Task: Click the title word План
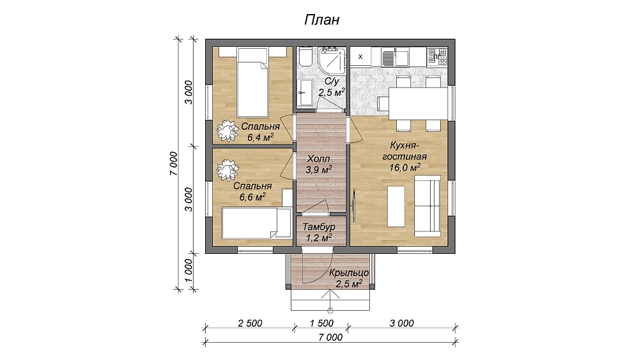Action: pos(321,20)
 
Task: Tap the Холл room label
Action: pos(319,159)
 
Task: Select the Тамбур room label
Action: pos(319,227)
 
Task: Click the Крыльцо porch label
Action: pos(349,273)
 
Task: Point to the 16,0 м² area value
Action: pos(404,167)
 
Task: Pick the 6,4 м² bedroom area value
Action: pos(261,137)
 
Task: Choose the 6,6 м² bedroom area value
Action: pos(252,197)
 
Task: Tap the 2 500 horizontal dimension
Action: pos(250,324)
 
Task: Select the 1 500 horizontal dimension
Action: pos(321,324)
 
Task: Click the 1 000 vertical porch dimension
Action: pos(188,270)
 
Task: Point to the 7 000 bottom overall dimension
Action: pos(330,338)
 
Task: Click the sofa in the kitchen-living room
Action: pos(427,207)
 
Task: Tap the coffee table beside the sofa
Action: pos(396,207)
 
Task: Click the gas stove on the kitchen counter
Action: pos(437,57)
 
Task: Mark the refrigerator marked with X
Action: pos(360,57)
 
